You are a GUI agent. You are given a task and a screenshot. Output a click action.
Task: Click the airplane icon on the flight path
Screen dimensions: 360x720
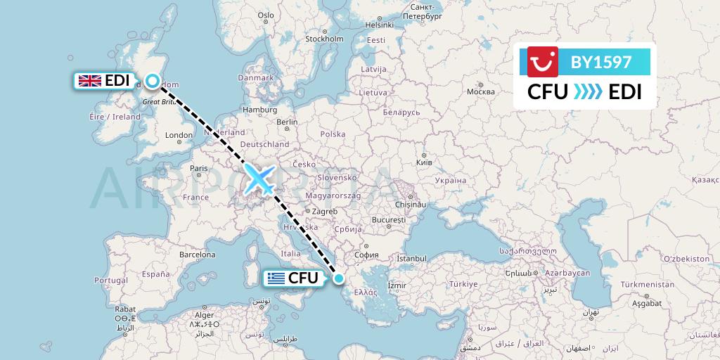click(259, 179)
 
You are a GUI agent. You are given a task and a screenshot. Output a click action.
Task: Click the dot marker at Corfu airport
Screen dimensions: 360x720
click(339, 278)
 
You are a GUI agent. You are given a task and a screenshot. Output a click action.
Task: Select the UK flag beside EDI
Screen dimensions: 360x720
click(89, 81)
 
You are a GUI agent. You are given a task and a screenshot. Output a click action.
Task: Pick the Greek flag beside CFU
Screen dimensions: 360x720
click(275, 278)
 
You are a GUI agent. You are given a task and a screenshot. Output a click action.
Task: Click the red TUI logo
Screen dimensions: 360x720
click(543, 61)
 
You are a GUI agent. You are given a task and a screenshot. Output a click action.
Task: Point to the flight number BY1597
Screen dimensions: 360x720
click(601, 62)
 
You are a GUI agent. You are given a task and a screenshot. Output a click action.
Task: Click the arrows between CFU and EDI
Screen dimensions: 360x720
click(588, 92)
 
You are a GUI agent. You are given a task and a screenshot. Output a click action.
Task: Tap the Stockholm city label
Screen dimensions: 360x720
click(323, 39)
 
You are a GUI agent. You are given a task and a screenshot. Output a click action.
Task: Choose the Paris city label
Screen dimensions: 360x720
click(199, 168)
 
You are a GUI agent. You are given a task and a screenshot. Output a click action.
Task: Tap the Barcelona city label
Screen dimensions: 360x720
click(197, 254)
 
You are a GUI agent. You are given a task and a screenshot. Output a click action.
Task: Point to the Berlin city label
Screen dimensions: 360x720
click(288, 122)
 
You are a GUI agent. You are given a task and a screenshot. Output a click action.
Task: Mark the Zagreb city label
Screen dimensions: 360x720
click(325, 211)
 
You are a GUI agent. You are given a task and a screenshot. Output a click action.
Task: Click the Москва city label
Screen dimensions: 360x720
click(481, 92)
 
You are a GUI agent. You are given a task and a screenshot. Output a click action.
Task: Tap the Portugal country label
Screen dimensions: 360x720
click(111, 280)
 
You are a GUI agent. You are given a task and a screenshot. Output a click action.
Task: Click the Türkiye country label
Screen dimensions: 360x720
click(463, 284)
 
